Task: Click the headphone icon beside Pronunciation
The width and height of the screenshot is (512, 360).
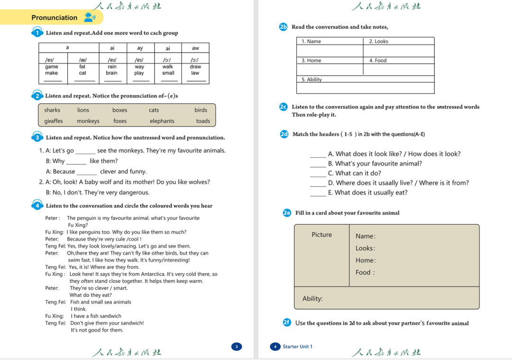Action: point(89,18)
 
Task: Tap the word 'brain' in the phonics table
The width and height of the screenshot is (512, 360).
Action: point(112,73)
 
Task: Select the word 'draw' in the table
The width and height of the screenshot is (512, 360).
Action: point(195,67)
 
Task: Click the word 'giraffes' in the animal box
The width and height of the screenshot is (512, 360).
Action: point(54,121)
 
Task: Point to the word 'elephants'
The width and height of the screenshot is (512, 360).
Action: point(162,121)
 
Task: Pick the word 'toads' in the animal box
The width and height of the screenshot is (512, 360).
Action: point(203,121)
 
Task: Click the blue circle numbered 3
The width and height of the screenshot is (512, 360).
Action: point(37,137)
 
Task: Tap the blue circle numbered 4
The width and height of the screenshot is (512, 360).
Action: point(37,206)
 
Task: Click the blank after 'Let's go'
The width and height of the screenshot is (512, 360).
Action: point(85,151)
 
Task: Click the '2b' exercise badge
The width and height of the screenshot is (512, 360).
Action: point(283,27)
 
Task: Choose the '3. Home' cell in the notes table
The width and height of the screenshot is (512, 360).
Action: point(311,61)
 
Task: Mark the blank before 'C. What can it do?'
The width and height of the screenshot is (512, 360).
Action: point(318,174)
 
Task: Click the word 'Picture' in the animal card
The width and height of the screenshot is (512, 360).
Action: point(322,235)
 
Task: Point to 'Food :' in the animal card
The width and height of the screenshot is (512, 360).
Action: point(365,272)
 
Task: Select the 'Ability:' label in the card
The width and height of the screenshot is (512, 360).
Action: point(312,298)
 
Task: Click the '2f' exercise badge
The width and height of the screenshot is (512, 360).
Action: point(286,323)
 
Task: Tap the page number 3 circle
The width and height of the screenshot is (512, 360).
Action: point(237,347)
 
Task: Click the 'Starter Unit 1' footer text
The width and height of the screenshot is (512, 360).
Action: point(297,347)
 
